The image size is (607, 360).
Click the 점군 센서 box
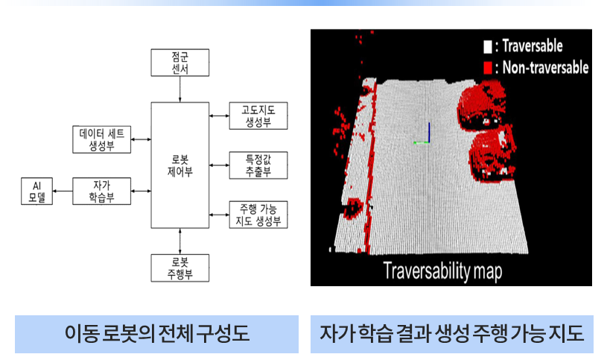pos(180,63)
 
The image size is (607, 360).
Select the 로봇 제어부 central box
pos(180,165)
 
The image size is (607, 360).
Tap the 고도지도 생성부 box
pos(258,116)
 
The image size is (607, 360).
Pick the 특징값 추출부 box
pos(258,165)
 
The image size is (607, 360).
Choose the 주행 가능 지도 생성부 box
pos(258,215)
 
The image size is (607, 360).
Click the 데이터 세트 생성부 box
pos(102,139)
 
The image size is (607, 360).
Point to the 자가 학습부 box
pos(102,191)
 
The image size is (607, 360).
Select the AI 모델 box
pos(36,191)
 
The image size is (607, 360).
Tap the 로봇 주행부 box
pos(180,268)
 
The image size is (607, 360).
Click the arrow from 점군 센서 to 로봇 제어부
pos(180,89)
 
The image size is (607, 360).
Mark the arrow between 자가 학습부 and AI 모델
pos(63,191)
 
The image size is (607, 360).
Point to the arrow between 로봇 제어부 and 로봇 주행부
pos(180,241)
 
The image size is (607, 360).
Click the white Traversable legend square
pos(487,46)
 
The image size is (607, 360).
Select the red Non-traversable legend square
pos(487,67)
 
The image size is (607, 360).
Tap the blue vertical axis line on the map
pos(429,133)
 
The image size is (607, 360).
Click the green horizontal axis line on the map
pos(422,142)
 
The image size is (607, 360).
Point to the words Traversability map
pos(442,271)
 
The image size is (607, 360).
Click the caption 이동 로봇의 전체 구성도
pos(157,334)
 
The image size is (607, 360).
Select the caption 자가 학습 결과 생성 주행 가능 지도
pos(452,334)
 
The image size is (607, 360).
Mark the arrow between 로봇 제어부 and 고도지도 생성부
pos(219,116)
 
